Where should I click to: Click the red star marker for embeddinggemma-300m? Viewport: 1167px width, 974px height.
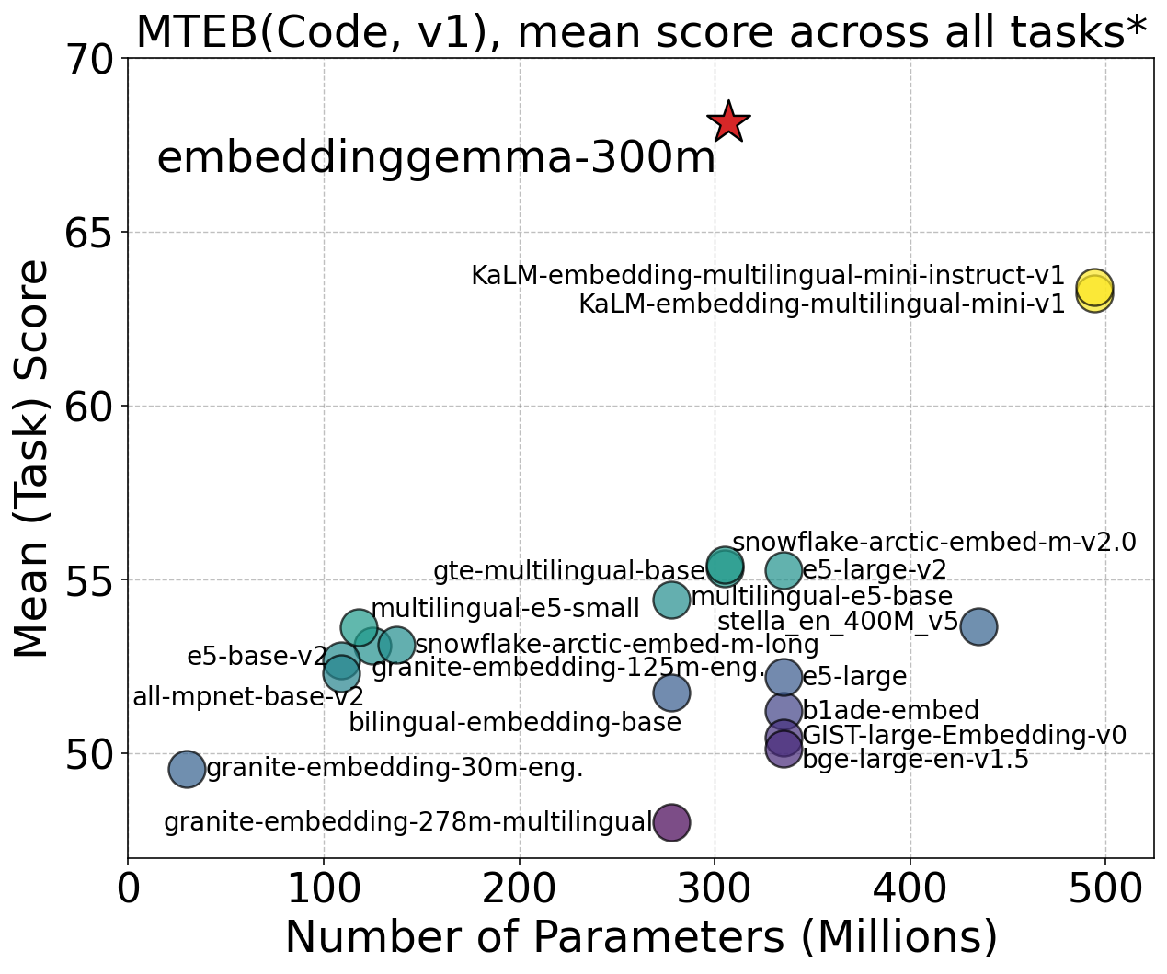[x=728, y=121]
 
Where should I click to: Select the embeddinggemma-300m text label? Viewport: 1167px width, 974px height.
[x=436, y=158]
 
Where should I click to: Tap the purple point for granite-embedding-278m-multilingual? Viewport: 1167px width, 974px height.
[x=671, y=821]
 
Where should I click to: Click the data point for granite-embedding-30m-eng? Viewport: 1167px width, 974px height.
[x=187, y=769]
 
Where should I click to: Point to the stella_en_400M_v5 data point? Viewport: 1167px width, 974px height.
[x=978, y=626]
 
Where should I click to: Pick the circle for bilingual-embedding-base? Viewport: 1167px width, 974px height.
[x=671, y=692]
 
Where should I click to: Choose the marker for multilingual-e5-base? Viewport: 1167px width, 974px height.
[x=671, y=600]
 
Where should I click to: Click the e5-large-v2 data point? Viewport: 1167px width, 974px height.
[x=784, y=570]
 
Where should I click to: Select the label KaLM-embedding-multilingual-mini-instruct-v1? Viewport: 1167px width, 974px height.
[x=768, y=276]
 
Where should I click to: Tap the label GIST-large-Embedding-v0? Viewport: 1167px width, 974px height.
[x=964, y=736]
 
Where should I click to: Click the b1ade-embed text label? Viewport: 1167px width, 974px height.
[x=890, y=711]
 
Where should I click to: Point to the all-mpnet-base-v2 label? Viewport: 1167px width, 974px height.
[x=248, y=697]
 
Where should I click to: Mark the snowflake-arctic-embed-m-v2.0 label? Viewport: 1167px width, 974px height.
[x=934, y=543]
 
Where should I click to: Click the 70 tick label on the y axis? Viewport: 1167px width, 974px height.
[x=88, y=60]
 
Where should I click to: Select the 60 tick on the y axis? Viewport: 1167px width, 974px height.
[x=88, y=406]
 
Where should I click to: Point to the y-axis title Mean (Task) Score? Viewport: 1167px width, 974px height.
[x=35, y=458]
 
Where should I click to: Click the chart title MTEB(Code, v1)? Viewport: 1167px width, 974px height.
[x=641, y=32]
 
